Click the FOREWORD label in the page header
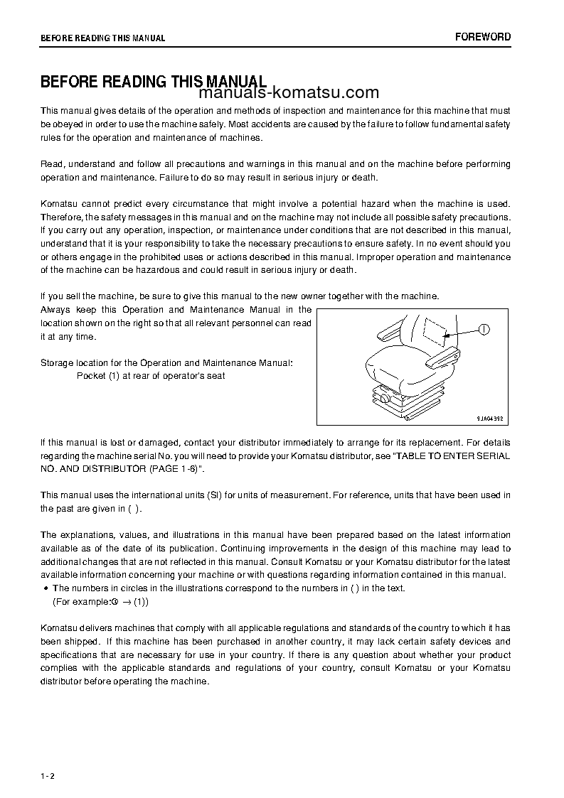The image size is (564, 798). tap(483, 37)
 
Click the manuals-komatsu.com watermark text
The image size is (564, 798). tap(289, 93)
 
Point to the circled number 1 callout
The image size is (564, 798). tap(483, 328)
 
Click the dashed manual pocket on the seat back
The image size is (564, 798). tap(435, 329)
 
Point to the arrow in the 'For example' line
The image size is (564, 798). tap(125, 602)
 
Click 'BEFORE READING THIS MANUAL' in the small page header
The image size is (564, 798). tap(102, 38)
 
